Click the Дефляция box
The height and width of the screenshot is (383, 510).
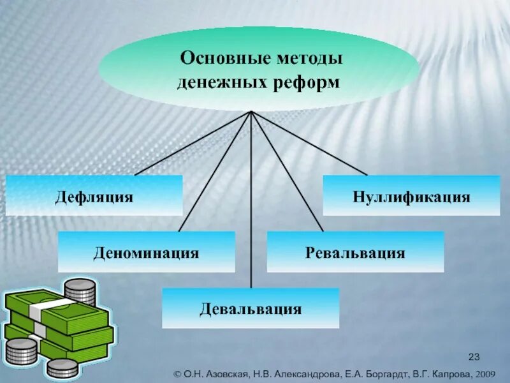click(x=94, y=195)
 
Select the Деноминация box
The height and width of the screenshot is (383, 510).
click(x=147, y=252)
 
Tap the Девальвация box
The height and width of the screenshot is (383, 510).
click(x=251, y=308)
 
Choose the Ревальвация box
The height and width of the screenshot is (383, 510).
click(x=355, y=252)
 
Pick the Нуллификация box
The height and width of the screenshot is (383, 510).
click(x=411, y=195)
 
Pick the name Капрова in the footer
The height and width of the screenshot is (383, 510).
click(x=447, y=373)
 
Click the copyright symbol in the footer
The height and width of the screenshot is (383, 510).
click(x=179, y=373)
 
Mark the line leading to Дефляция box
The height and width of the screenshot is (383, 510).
click(x=191, y=144)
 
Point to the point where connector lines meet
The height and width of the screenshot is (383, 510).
click(x=251, y=112)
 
